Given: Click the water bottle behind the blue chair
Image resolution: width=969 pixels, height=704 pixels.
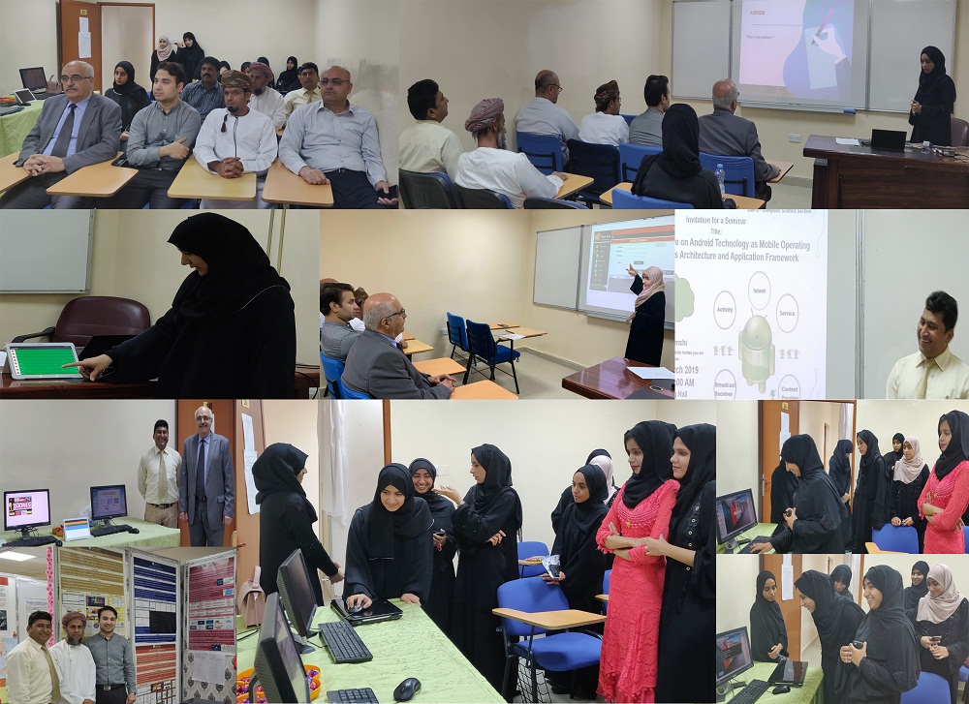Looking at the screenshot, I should pos(719,177).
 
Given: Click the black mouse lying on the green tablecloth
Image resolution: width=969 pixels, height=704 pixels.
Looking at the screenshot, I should pos(407,689).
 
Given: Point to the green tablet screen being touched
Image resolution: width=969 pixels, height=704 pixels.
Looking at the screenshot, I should pos(44,360).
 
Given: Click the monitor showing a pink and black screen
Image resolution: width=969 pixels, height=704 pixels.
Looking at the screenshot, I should pos(26,508).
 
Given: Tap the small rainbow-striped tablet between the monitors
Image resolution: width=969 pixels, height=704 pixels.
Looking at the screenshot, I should pos(77,528).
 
